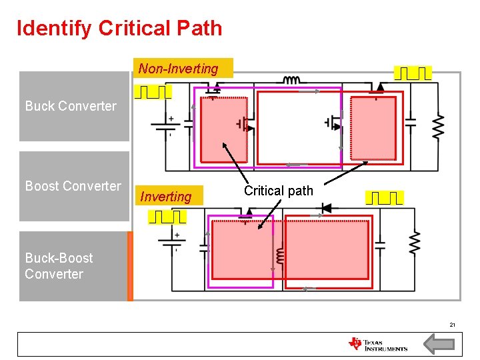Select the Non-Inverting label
point(178,69)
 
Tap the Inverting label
point(165,197)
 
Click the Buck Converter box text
point(71,106)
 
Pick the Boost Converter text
point(73,186)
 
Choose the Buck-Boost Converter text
point(59,266)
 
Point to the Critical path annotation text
point(278,191)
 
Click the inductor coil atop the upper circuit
point(291,80)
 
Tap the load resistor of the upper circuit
point(438,127)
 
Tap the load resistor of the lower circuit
point(414,243)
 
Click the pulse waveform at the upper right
point(413,73)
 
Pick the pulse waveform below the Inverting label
point(167,217)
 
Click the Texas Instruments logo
point(377,344)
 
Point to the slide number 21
point(452,325)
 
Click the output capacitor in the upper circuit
point(411,121)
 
